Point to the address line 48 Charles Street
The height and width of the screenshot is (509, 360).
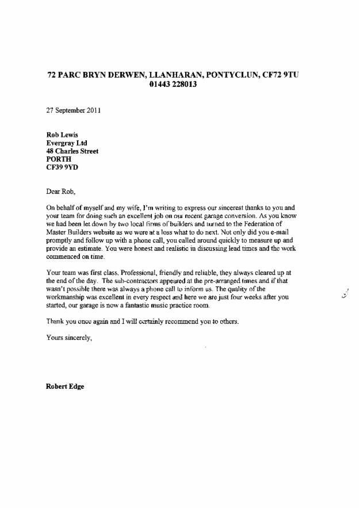tap(72, 151)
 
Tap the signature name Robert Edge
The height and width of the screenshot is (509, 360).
tap(65, 386)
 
